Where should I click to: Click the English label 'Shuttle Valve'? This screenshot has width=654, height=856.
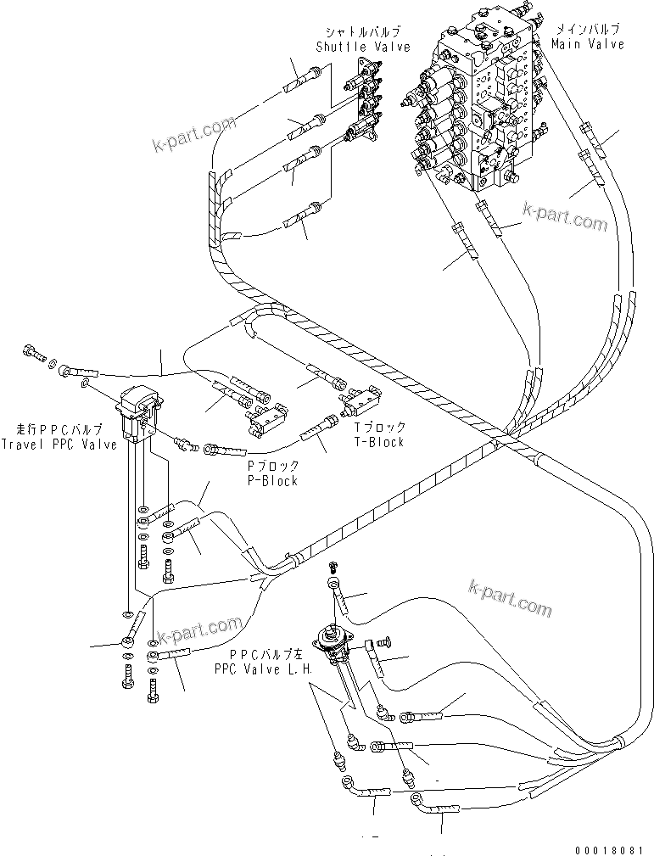pyautogui.click(x=362, y=48)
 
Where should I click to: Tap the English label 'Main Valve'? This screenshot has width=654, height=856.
pyautogui.click(x=587, y=44)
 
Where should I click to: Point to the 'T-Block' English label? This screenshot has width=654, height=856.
pyautogui.click(x=379, y=442)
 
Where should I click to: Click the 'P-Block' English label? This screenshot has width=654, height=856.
pyautogui.click(x=272, y=481)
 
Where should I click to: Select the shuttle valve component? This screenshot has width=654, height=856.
pyautogui.click(x=362, y=106)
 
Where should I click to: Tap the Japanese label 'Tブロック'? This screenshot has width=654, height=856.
pyautogui.click(x=379, y=428)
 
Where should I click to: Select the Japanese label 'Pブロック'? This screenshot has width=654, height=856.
pyautogui.click(x=272, y=467)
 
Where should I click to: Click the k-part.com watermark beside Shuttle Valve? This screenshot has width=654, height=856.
pyautogui.click(x=193, y=136)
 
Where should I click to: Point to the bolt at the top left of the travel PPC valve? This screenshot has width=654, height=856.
pyautogui.click(x=34, y=349)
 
